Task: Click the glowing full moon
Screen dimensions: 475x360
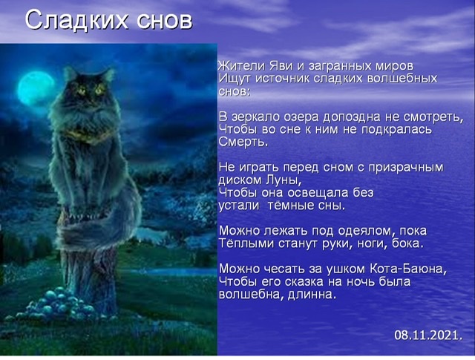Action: pyautogui.click(x=36, y=88)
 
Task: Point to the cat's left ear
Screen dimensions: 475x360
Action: pyautogui.click(x=70, y=73)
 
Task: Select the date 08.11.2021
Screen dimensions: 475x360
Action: pyautogui.click(x=428, y=336)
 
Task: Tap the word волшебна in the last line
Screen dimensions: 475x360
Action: pyautogui.click(x=249, y=294)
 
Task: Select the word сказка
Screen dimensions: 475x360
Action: pyautogui.click(x=304, y=282)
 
